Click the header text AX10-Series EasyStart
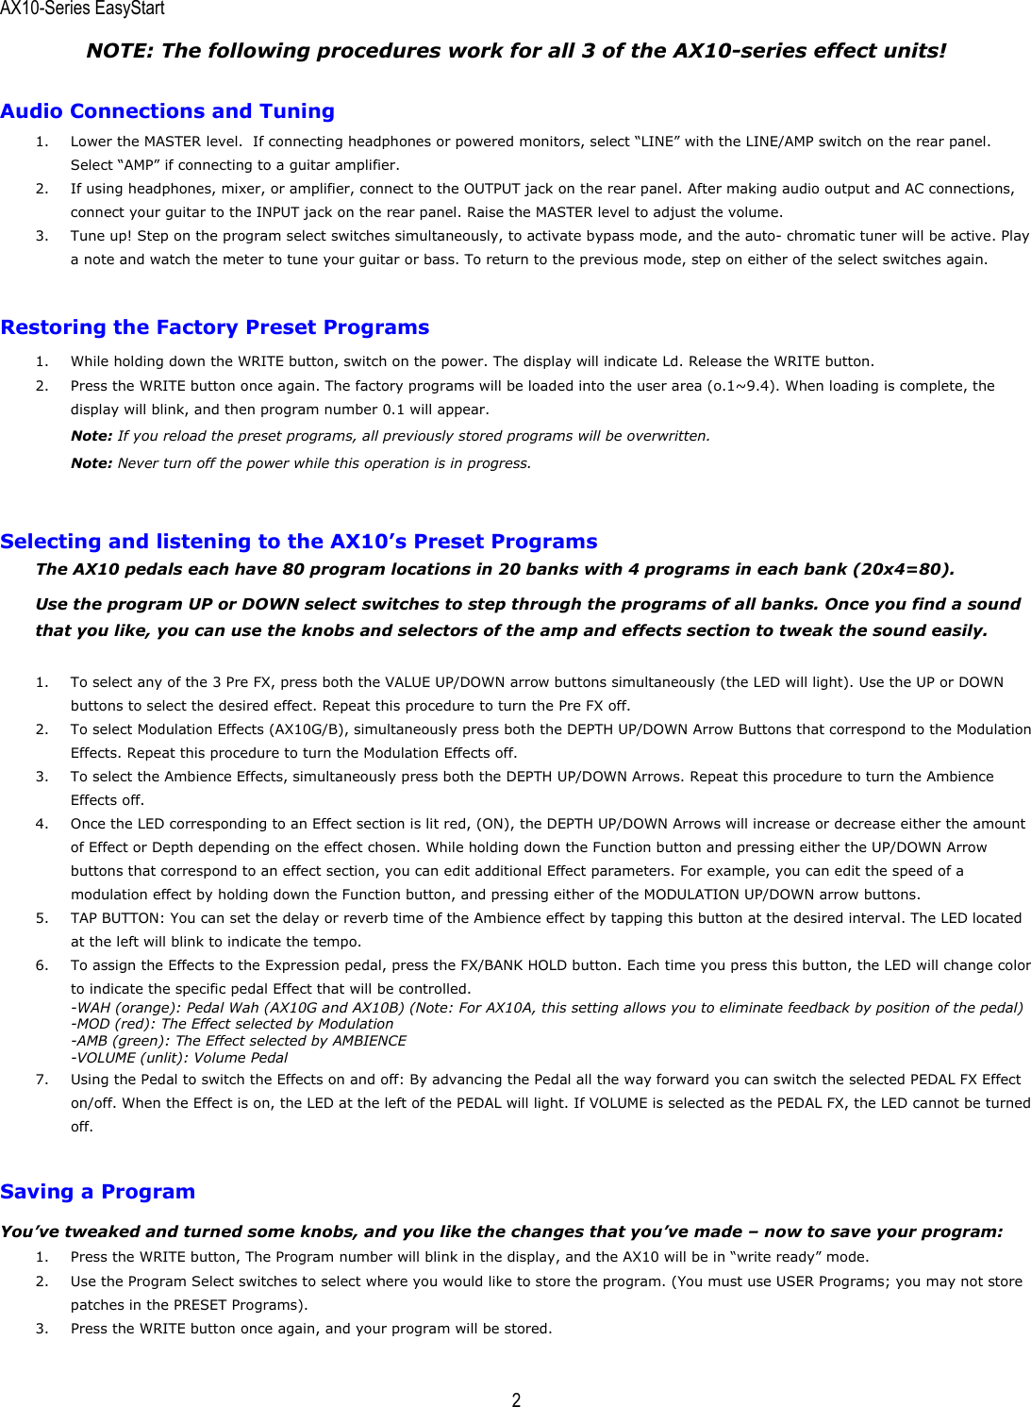click(82, 9)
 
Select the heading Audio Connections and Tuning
click(168, 111)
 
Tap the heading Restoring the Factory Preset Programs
click(215, 327)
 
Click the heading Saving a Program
click(98, 1192)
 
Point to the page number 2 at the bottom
click(516, 1399)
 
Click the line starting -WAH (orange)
click(547, 1008)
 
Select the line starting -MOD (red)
click(232, 1024)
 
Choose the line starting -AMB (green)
click(239, 1041)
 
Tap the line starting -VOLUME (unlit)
click(179, 1058)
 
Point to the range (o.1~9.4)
click(742, 386)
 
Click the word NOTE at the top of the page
click(118, 51)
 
